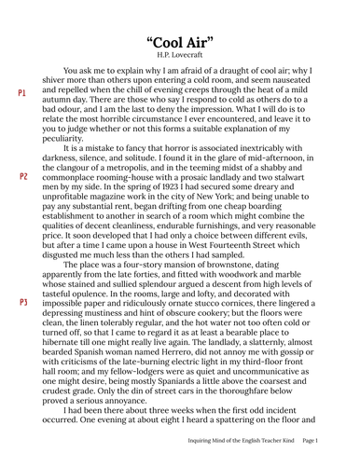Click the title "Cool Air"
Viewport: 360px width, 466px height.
[180, 44]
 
